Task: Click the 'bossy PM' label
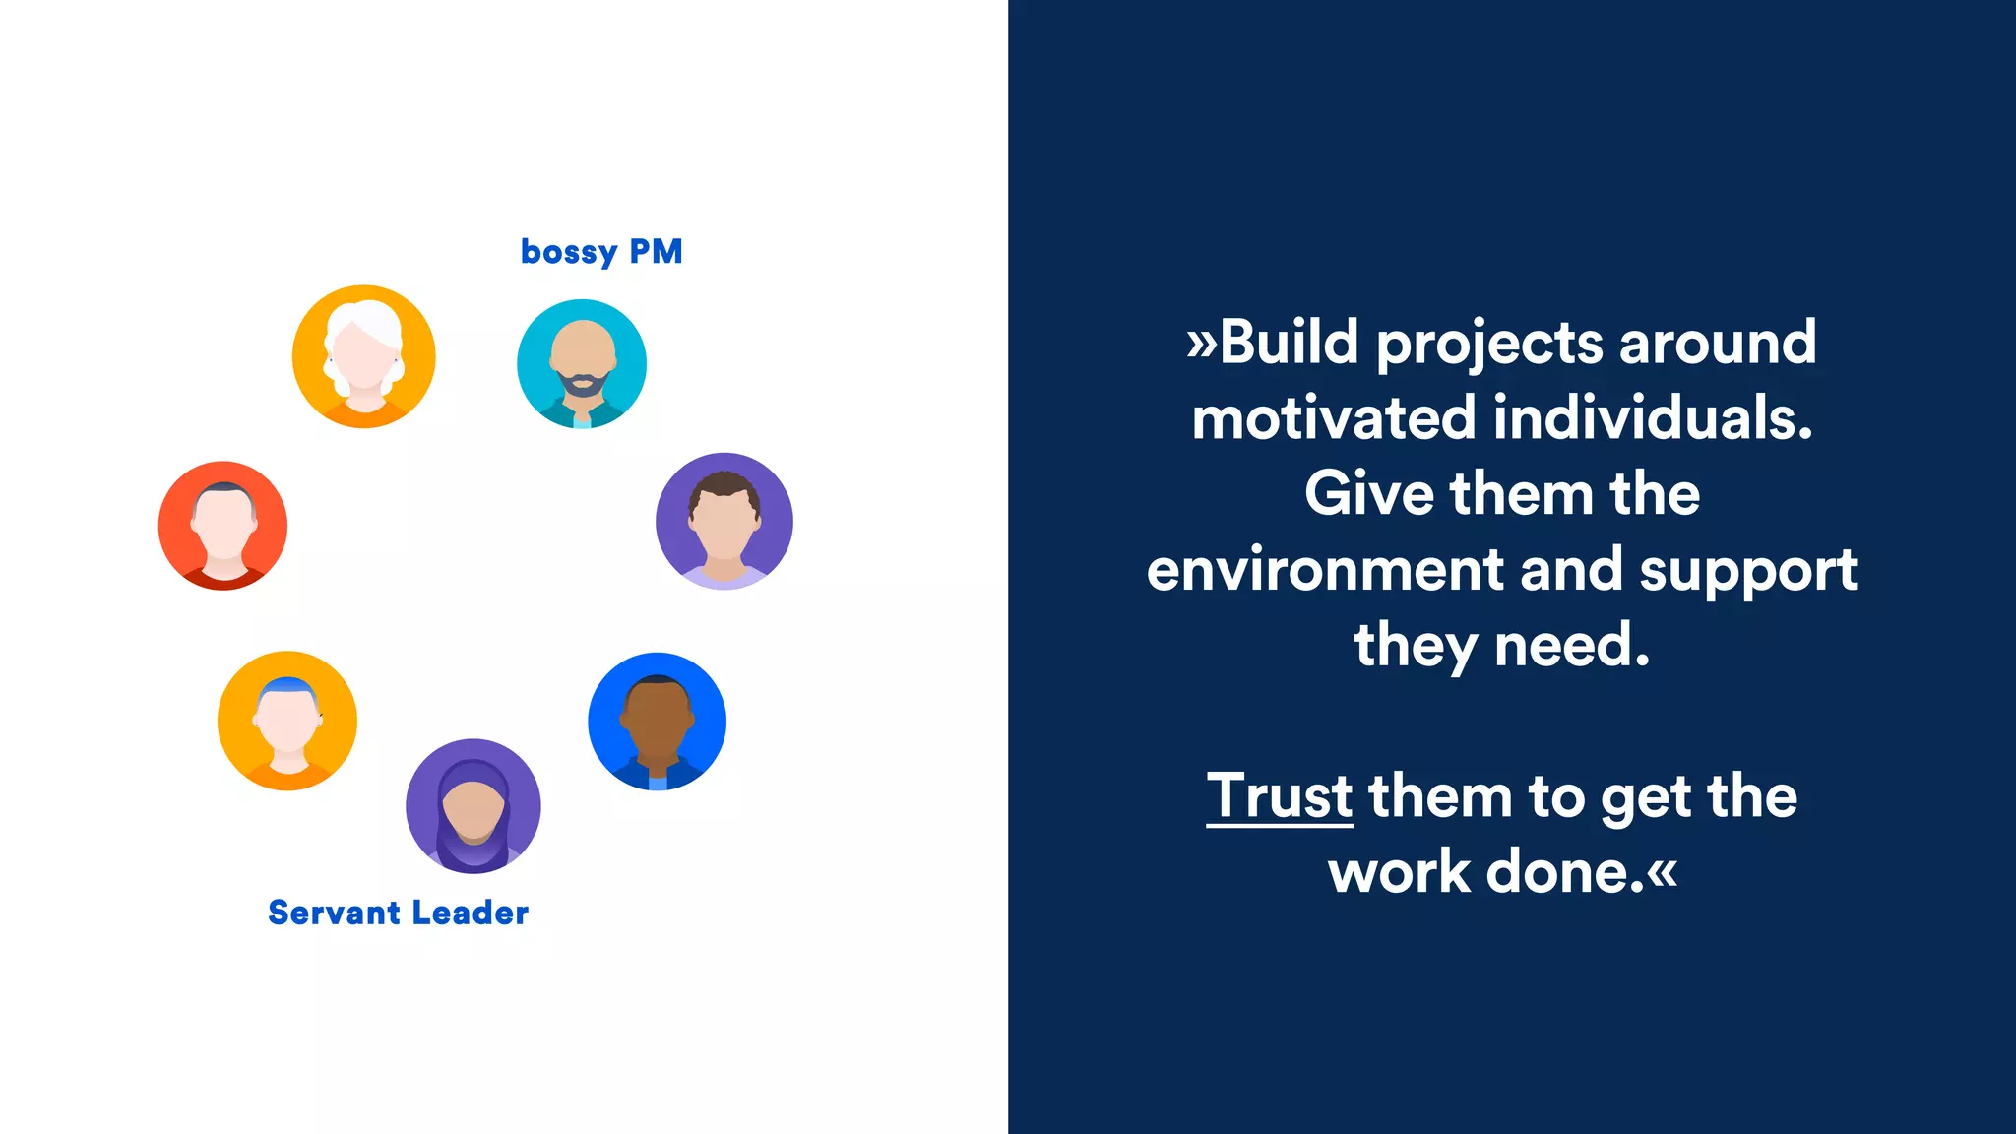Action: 601,252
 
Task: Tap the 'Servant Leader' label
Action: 398,913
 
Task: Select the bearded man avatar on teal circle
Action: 582,363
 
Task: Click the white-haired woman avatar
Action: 363,356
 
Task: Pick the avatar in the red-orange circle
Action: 223,526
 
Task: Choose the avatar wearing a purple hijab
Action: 473,806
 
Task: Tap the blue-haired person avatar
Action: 287,721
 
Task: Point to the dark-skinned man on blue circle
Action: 657,722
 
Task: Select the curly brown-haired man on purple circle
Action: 724,522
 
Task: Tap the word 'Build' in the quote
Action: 1289,343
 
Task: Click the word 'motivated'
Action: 1334,417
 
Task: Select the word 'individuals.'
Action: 1653,417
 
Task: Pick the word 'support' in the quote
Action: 1748,572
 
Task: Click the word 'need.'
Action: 1572,646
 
